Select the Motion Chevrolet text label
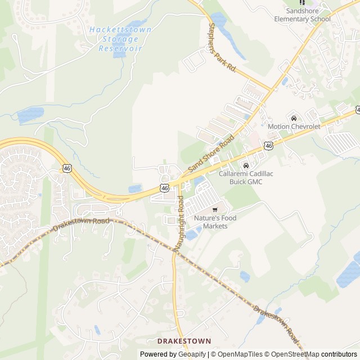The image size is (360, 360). [294, 127]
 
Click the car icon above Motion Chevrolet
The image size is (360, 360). [294, 118]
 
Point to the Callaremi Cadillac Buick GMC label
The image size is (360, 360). [246, 178]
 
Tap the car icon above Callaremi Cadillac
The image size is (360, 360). [245, 165]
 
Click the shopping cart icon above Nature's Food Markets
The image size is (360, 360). [214, 210]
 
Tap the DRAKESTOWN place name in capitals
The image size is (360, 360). [184, 341]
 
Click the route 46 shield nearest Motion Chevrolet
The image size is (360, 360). [268, 146]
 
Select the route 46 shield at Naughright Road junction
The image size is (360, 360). [164, 188]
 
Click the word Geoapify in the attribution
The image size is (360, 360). [191, 354]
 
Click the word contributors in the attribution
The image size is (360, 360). [339, 354]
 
